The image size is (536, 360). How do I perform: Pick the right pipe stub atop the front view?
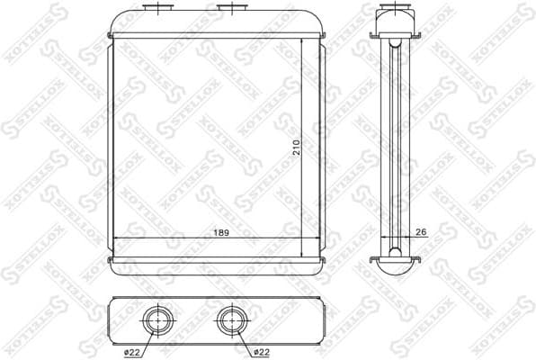tap(232, 10)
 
